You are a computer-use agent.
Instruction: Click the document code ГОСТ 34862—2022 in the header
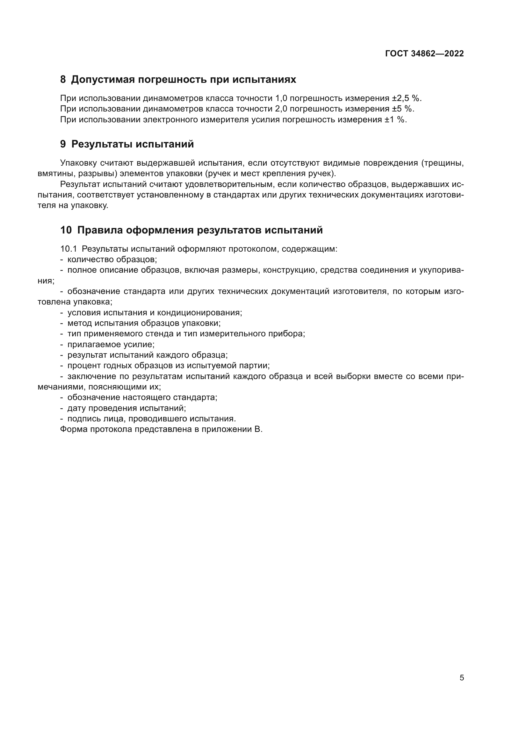424,54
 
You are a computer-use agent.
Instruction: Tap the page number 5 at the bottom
462,678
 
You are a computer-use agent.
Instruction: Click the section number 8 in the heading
63,80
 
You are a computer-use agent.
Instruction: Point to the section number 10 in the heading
66,230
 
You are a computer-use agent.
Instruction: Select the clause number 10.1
69,249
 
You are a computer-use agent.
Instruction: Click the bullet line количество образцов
112,260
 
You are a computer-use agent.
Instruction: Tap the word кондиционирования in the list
199,313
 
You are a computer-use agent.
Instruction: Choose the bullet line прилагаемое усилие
111,345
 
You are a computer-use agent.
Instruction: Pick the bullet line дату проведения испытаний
126,408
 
